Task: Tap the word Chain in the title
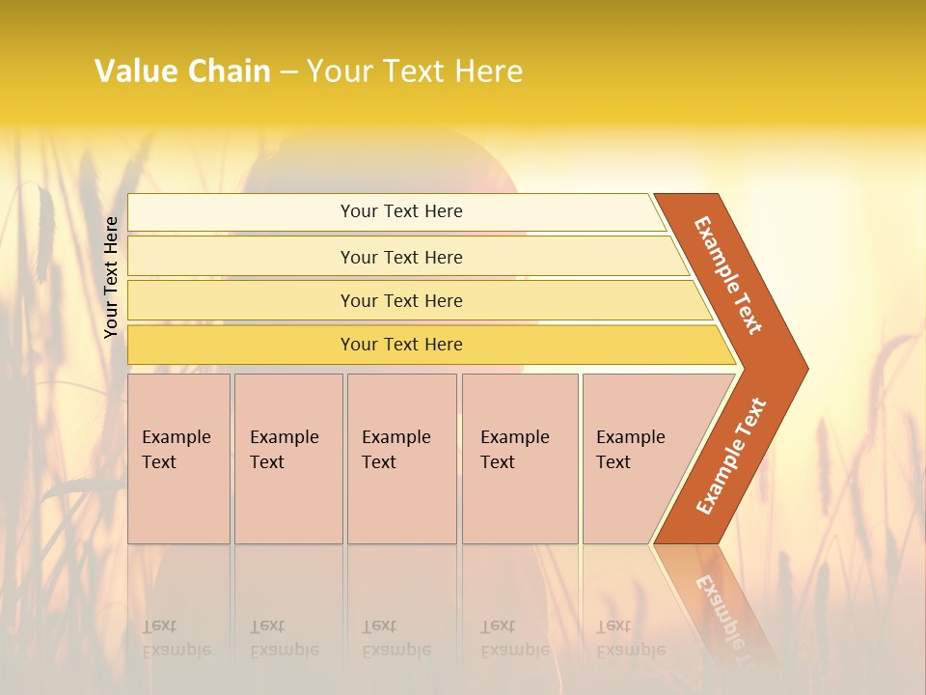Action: [x=229, y=71]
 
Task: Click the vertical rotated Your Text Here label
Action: [x=111, y=277]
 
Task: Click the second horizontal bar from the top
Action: [x=400, y=257]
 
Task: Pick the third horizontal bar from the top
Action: [x=400, y=300]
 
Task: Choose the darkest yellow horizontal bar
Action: [x=400, y=345]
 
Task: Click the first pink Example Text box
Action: [x=178, y=459]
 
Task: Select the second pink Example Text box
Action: [x=288, y=459]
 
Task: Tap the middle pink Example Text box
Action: [x=401, y=459]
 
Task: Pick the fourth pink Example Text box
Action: [x=520, y=459]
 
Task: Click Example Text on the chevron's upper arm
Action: [x=728, y=275]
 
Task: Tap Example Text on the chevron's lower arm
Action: [x=731, y=456]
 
